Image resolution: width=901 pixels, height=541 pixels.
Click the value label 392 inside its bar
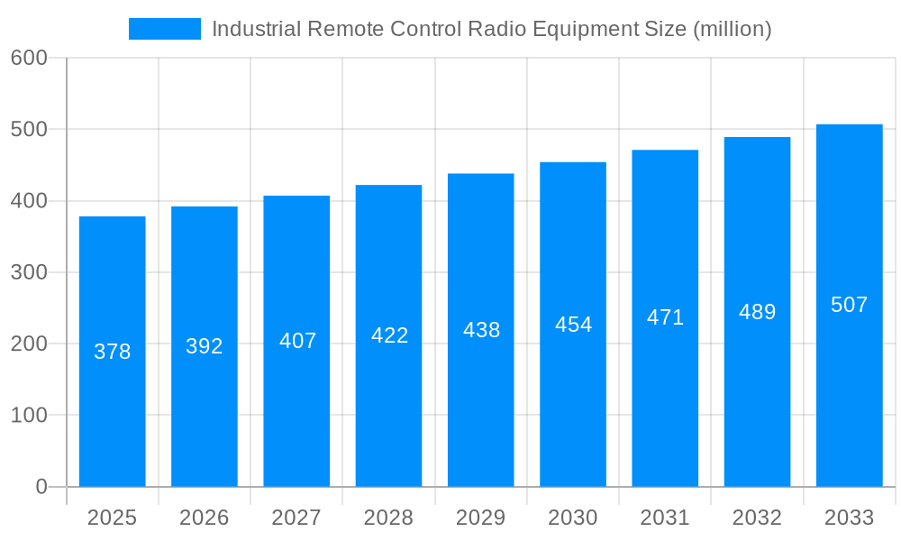[x=205, y=346]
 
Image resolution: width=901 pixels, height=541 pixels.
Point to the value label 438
[x=481, y=330]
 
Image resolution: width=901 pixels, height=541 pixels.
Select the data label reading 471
[x=665, y=317]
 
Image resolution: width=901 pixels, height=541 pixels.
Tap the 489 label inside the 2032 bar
[x=757, y=312]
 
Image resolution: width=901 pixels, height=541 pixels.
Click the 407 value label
[x=297, y=341]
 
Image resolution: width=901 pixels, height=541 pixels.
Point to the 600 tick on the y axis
[x=29, y=58]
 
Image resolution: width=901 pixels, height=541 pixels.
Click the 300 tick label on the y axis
[x=29, y=272]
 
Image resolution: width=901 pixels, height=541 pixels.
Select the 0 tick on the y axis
[x=41, y=487]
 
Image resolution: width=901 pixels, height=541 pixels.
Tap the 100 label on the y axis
[x=29, y=416]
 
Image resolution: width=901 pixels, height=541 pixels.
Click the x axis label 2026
[x=205, y=518]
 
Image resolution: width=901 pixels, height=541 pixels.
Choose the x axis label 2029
[x=481, y=518]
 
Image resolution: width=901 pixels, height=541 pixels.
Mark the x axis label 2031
[x=665, y=518]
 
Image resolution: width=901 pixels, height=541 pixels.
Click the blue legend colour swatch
[x=165, y=29]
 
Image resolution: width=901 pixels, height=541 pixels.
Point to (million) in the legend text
[x=732, y=29]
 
